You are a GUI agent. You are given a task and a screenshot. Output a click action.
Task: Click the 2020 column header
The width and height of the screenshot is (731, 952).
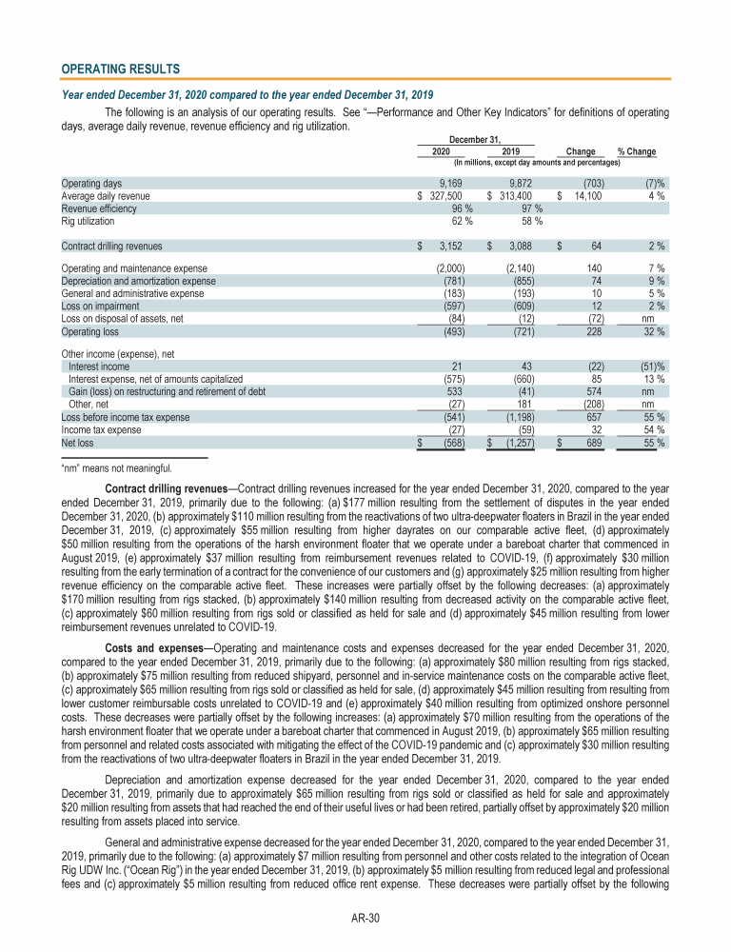pos(441,151)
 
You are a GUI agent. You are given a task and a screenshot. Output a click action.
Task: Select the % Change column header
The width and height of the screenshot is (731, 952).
pos(636,151)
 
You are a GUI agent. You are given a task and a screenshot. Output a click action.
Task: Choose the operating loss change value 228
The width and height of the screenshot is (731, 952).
pos(591,330)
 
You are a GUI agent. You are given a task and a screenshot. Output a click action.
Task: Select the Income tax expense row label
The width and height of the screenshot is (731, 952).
pos(101,428)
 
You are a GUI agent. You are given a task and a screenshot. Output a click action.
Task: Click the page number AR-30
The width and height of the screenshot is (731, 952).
pos(365,920)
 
